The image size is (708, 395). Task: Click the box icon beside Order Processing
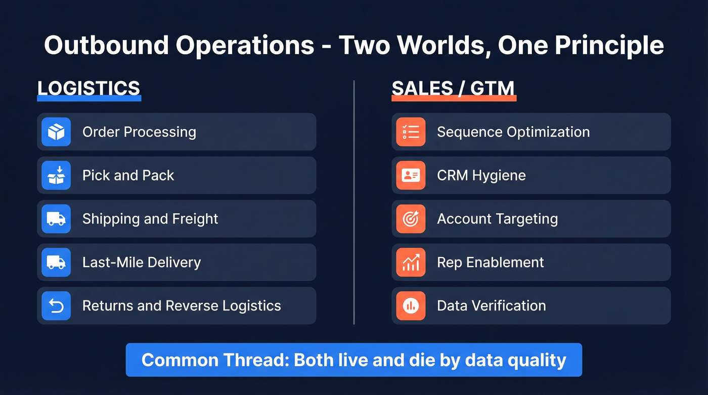click(x=56, y=132)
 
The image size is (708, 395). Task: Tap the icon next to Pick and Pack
click(x=56, y=175)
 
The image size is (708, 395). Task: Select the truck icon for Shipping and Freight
click(x=56, y=219)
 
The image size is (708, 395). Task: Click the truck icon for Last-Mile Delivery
click(x=56, y=262)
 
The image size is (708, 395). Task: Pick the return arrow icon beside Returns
click(x=56, y=306)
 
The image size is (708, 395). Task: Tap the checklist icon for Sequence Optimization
click(x=411, y=132)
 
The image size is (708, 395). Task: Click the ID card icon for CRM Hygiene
click(x=411, y=175)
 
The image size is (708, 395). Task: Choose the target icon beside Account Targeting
click(x=411, y=219)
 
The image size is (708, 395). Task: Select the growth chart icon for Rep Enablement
click(x=411, y=262)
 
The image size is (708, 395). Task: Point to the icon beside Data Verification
click(x=411, y=306)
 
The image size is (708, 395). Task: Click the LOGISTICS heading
click(x=88, y=89)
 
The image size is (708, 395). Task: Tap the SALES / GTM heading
click(x=453, y=89)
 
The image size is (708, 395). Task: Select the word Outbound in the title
click(x=106, y=45)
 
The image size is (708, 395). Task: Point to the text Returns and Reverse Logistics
click(x=182, y=306)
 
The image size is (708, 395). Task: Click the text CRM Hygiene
click(x=481, y=175)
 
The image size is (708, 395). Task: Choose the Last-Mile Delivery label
click(x=142, y=262)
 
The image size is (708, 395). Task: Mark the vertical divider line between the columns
click(x=354, y=202)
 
